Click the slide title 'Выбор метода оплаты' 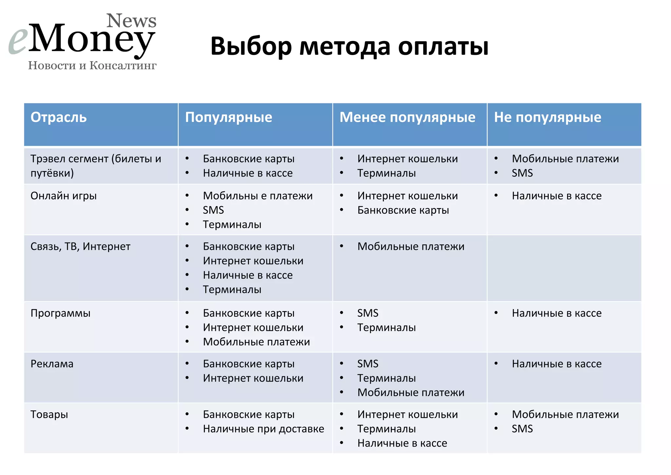pyautogui.click(x=349, y=46)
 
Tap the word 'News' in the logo pyautogui.click(x=131, y=21)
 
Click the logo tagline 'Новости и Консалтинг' pyautogui.click(x=92, y=66)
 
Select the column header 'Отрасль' pyautogui.click(x=59, y=117)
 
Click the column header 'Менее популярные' pyautogui.click(x=407, y=117)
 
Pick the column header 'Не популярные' pyautogui.click(x=547, y=117)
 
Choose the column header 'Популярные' pyautogui.click(x=228, y=117)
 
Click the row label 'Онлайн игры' pyautogui.click(x=64, y=196)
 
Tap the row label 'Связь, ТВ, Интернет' pyautogui.click(x=80, y=247)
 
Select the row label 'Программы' pyautogui.click(x=60, y=313)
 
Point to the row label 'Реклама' pyautogui.click(x=52, y=364)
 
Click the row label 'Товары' pyautogui.click(x=49, y=414)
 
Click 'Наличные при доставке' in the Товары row pyautogui.click(x=263, y=429)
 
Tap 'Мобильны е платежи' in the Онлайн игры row pyautogui.click(x=258, y=196)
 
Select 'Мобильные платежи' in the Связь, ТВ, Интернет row pyautogui.click(x=411, y=247)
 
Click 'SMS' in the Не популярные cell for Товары pyautogui.click(x=522, y=429)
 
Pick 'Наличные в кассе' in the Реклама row pyautogui.click(x=557, y=364)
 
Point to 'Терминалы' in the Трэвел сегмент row pyautogui.click(x=386, y=173)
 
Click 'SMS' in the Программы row pyautogui.click(x=368, y=313)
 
